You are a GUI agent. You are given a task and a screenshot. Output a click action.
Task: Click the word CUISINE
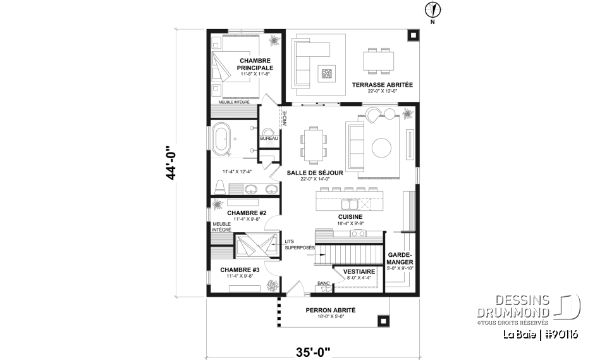coord(350,216)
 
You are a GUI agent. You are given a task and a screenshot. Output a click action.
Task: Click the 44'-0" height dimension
coord(170,164)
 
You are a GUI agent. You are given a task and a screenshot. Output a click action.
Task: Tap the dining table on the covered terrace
coord(378,62)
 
